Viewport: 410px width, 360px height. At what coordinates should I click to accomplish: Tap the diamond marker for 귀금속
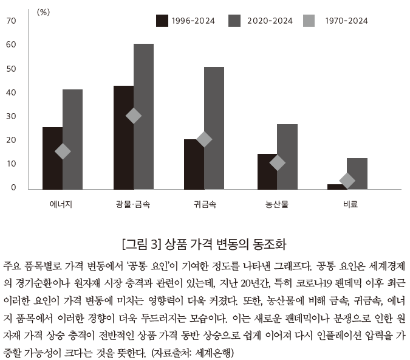(x=204, y=139)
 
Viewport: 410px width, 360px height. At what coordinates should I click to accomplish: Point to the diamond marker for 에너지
(x=63, y=151)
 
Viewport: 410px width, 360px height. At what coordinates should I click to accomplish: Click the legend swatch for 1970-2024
(x=309, y=21)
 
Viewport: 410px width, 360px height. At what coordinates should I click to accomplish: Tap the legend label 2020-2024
(x=270, y=21)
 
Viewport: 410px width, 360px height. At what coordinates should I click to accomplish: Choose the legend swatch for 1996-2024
(x=162, y=21)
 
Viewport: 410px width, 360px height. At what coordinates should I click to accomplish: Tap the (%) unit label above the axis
(x=43, y=12)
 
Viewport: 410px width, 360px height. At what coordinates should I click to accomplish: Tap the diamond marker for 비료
(x=347, y=180)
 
